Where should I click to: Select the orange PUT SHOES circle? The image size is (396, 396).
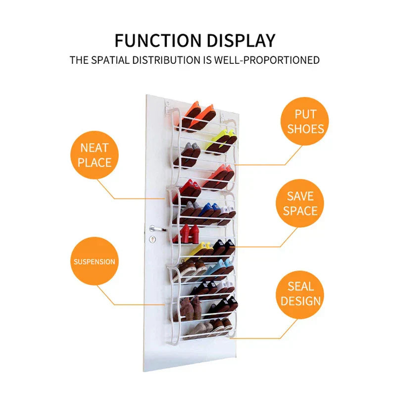(305, 122)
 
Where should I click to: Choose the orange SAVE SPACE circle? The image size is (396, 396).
(300, 203)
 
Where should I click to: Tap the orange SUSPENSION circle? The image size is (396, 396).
(95, 261)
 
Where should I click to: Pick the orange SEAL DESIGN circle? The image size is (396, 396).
(300, 293)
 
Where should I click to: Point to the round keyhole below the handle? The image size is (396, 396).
(152, 239)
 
